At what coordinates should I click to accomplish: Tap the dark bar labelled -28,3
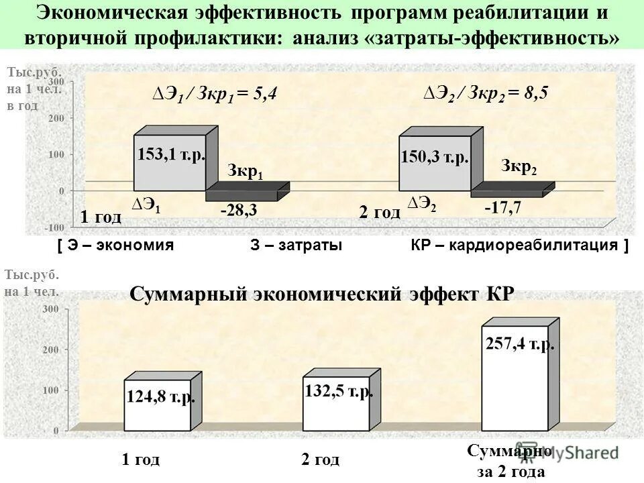[246, 194]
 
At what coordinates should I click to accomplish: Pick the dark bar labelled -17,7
[510, 193]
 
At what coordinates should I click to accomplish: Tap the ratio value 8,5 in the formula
[537, 93]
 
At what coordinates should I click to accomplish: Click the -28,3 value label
[239, 210]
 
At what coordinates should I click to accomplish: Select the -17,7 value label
[503, 207]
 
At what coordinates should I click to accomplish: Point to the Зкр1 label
[246, 172]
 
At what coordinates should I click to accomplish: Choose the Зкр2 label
[519, 167]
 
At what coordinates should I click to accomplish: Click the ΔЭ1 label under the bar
[146, 206]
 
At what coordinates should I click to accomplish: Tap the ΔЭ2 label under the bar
[422, 204]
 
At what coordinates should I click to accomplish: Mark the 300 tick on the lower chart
[51, 309]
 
